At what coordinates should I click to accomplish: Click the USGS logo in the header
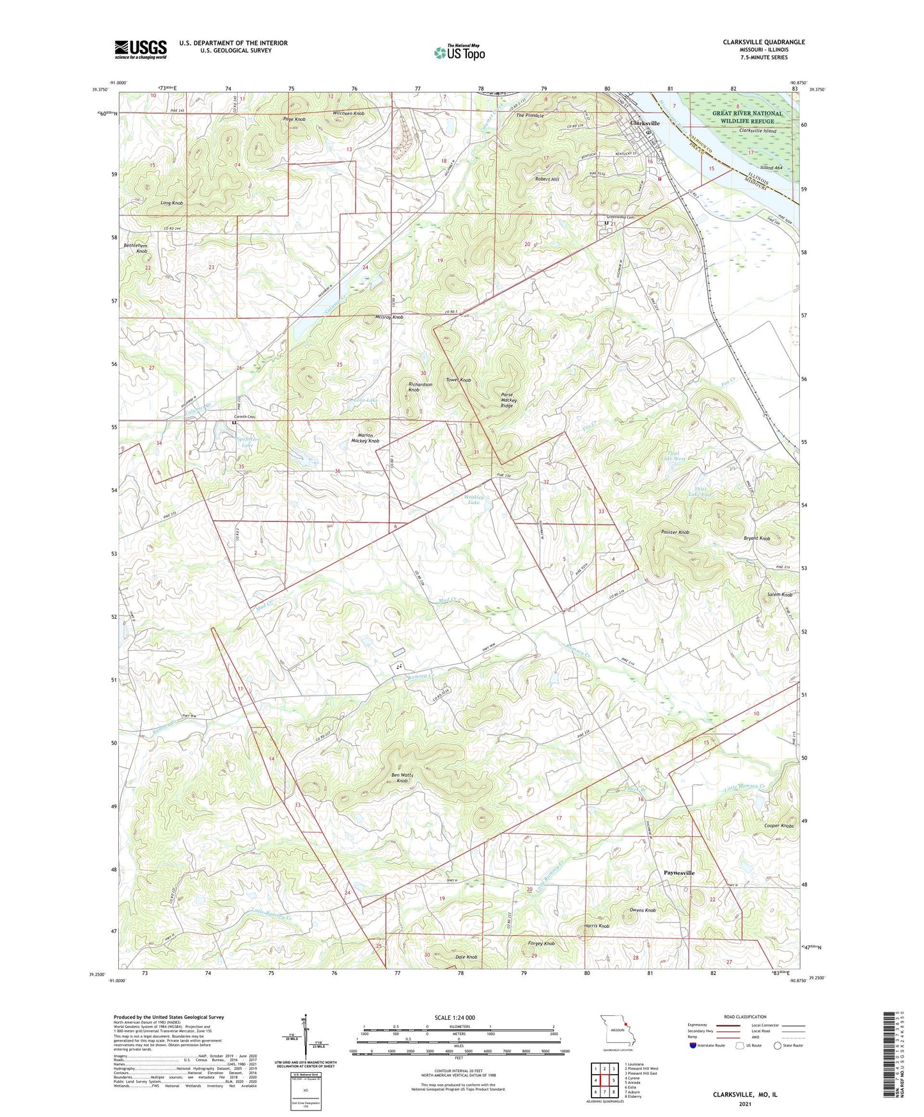pos(141,49)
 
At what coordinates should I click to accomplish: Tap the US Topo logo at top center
pos(459,52)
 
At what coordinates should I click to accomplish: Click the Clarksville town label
pos(645,123)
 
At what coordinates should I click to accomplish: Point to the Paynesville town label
pos(678,873)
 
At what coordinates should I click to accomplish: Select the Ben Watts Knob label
pos(402,778)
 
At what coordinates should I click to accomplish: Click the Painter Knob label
pos(675,532)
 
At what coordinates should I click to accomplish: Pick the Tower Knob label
pos(458,380)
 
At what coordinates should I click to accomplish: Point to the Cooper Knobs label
pos(778,826)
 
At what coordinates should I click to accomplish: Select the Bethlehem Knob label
pos(136,248)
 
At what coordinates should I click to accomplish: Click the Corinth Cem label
pos(245,417)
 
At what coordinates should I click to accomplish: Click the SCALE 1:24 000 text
pos(455,1018)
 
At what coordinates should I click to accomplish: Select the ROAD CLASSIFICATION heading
pos(745,1017)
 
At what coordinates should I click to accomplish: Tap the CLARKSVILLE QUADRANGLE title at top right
pos(763,42)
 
